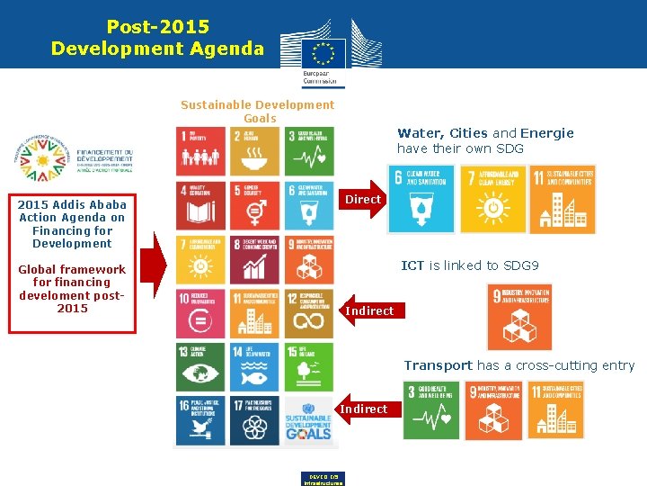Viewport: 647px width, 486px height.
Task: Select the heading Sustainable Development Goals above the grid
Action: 257,111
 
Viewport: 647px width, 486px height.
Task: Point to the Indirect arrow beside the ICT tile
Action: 368,310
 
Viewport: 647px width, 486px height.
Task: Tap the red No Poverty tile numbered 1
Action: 200,150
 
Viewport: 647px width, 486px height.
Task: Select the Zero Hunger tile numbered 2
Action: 254,150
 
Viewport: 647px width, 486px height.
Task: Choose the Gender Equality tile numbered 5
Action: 254,205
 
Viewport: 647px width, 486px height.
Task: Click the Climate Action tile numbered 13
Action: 200,366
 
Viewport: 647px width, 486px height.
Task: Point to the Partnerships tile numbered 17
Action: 254,420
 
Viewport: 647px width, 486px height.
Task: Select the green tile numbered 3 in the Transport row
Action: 432,410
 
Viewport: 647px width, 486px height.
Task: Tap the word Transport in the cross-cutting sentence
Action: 438,365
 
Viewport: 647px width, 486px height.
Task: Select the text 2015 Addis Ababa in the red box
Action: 72,204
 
